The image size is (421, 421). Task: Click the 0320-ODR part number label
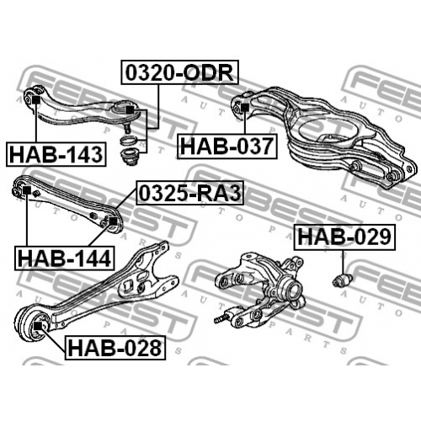(179, 72)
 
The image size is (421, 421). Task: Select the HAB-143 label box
(56, 154)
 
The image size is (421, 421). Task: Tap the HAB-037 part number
(227, 147)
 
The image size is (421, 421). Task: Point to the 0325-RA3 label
(190, 193)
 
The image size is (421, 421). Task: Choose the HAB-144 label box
(65, 258)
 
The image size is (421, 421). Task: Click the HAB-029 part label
(344, 237)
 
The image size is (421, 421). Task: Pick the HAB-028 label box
(115, 348)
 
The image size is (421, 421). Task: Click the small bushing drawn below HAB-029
(342, 280)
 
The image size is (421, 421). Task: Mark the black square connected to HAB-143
(36, 100)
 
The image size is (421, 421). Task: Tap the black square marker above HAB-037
(245, 108)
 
